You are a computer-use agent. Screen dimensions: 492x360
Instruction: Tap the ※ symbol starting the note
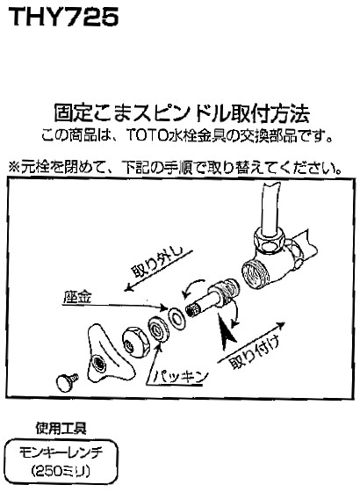coord(14,165)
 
